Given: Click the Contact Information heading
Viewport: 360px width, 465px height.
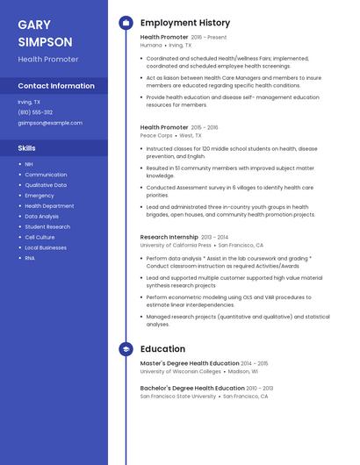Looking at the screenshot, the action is coord(56,86).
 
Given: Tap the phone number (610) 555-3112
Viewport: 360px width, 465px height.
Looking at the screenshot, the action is coord(35,112).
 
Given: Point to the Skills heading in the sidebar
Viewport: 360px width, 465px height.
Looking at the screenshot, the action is coord(26,148).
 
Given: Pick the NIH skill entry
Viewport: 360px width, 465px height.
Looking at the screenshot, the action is coord(29,164).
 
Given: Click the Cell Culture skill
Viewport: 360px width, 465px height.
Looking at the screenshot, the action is coord(40,237).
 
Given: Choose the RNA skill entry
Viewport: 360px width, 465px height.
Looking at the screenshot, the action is coord(30,258).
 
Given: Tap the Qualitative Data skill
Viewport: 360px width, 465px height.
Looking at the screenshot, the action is coord(46,185).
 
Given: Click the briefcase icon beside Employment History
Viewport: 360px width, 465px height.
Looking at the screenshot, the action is coord(126,23).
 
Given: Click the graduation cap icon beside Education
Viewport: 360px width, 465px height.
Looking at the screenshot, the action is coord(126,348).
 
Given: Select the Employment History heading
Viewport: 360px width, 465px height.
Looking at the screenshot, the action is coord(185,23).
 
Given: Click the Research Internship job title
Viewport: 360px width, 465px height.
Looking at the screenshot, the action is coord(169,237).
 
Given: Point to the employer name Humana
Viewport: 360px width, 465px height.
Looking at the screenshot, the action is coord(151,45).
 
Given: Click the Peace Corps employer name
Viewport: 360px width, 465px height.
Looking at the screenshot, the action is coord(156,136).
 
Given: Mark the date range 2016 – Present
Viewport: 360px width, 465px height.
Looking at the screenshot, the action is coord(208,37).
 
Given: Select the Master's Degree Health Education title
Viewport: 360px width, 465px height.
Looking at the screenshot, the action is coord(190,363).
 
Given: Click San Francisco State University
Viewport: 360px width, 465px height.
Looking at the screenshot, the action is coord(178,396).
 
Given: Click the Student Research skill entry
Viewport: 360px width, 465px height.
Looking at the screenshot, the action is coord(47,226).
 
